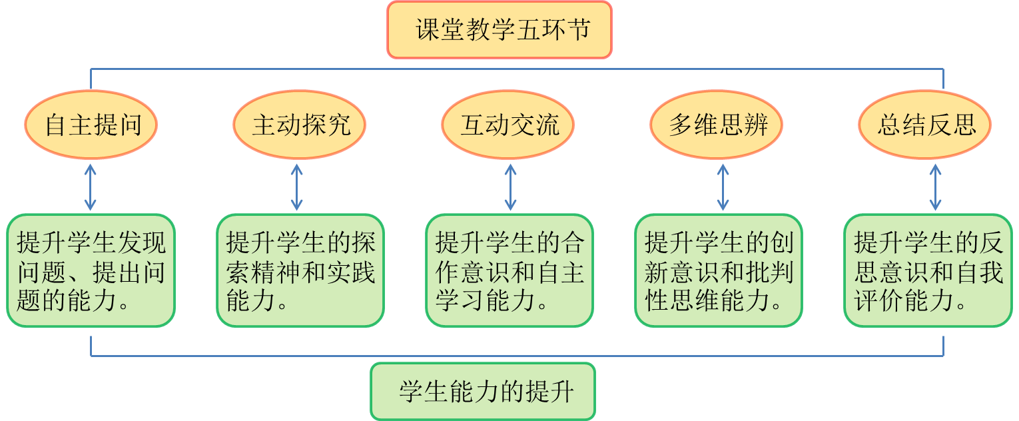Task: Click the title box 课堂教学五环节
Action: (500, 30)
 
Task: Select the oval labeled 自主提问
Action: (91, 125)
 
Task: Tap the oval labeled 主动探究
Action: (300, 125)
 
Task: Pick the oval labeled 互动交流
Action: (508, 125)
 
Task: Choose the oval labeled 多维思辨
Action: (717, 125)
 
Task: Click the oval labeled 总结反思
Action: (925, 125)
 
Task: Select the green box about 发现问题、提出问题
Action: (91, 270)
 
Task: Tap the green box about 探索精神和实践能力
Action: (300, 270)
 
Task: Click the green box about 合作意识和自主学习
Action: (509, 270)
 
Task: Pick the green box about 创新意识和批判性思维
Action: (719, 270)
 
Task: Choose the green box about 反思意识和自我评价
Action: (928, 270)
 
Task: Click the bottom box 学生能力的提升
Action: (483, 392)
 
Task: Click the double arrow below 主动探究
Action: (297, 187)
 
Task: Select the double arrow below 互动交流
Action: (510, 187)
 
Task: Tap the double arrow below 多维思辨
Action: (723, 187)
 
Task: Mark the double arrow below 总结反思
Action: (935, 187)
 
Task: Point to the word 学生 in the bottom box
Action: (424, 392)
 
